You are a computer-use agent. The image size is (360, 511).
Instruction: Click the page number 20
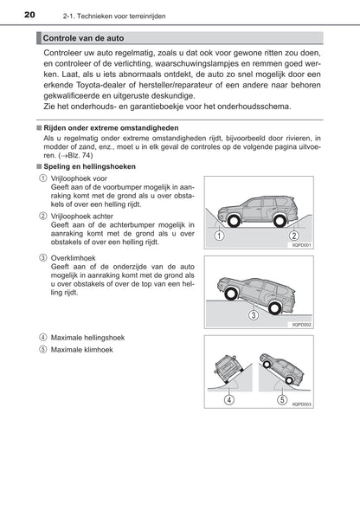click(29, 15)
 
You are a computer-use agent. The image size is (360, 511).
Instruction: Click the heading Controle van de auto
click(83, 38)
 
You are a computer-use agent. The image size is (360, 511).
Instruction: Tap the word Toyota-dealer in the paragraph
click(105, 85)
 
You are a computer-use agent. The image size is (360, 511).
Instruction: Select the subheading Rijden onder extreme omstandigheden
click(111, 128)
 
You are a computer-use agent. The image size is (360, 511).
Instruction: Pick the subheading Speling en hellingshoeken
click(89, 166)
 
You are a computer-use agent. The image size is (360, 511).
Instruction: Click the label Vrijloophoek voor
click(79, 178)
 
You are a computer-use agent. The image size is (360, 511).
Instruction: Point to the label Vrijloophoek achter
click(81, 217)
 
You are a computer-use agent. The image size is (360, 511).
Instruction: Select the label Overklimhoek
click(74, 258)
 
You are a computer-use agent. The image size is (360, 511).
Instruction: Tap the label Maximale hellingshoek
click(87, 338)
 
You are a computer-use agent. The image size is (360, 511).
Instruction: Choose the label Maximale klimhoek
click(81, 350)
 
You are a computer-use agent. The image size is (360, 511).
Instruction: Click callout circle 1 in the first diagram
click(220, 236)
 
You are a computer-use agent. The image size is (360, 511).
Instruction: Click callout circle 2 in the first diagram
click(293, 236)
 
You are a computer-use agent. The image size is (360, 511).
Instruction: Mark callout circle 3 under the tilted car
click(254, 314)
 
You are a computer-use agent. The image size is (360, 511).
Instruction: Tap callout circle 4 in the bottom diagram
click(229, 399)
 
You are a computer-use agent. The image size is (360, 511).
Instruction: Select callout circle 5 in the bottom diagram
click(282, 399)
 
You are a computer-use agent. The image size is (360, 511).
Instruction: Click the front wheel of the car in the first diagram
click(234, 221)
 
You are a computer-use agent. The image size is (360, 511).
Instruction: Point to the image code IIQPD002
click(301, 325)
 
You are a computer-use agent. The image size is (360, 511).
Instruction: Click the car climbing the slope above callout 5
click(281, 368)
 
